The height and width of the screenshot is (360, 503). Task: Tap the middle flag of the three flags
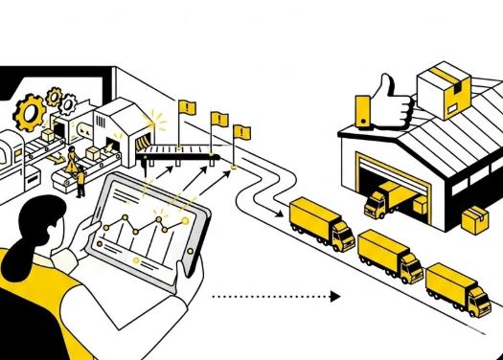click(218, 120)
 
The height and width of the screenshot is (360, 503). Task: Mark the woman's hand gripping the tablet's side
click(188, 271)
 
